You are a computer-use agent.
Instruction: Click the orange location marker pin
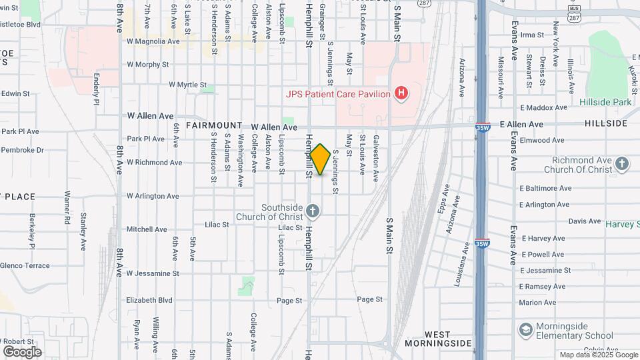[320, 159]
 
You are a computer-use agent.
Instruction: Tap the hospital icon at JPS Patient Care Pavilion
[401, 94]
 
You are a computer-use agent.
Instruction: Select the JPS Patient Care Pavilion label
[338, 94]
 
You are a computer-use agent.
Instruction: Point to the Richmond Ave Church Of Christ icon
[621, 164]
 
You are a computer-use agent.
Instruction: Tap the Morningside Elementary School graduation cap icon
[526, 330]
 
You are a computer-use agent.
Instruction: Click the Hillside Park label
[605, 102]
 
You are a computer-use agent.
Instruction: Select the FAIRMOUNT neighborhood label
[214, 125]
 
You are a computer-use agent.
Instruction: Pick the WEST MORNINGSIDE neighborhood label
[437, 339]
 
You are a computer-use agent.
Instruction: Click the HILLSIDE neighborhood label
[606, 123]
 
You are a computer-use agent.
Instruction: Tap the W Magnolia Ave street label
[153, 41]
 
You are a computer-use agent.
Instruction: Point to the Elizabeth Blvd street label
[149, 300]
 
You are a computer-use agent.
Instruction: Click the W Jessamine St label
[153, 273]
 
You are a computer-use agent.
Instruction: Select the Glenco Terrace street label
[25, 265]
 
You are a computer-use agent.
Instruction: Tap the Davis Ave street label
[585, 221]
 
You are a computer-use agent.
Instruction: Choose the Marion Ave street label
[537, 303]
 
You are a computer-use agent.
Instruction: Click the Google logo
[22, 351]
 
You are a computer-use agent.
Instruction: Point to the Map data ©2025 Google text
[597, 355]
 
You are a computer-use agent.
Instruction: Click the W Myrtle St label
[188, 85]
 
